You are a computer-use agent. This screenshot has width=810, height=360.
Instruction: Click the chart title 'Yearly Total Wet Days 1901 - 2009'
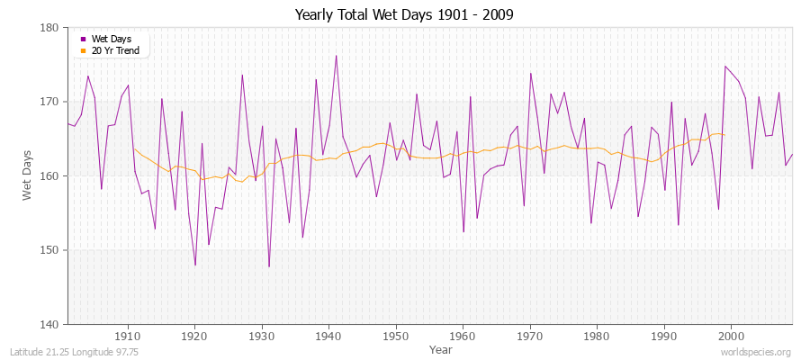point(404,15)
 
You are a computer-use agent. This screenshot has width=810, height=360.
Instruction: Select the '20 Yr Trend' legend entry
point(114,50)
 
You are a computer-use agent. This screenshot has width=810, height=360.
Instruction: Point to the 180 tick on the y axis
point(49,28)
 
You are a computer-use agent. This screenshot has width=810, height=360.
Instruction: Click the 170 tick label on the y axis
point(49,102)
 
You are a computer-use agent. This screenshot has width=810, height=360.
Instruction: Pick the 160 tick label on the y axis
point(49,175)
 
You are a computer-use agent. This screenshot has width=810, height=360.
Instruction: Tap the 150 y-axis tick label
point(49,250)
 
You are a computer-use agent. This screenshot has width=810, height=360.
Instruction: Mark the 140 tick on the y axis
point(49,324)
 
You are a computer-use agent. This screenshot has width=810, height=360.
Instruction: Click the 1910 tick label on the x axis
point(128,336)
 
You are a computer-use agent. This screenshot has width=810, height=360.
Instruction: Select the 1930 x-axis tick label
point(262,336)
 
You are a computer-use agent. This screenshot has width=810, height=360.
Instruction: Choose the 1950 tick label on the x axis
point(396,336)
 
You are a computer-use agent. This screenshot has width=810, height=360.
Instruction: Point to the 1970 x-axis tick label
point(530,336)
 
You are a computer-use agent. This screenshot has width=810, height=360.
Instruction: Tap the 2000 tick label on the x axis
point(731,336)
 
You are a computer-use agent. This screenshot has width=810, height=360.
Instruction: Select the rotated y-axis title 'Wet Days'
point(28,175)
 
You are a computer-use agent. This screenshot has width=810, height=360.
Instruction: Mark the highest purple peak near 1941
point(336,56)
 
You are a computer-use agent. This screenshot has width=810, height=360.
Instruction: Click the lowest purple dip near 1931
point(269,266)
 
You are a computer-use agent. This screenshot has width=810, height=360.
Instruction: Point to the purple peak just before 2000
point(724,66)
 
